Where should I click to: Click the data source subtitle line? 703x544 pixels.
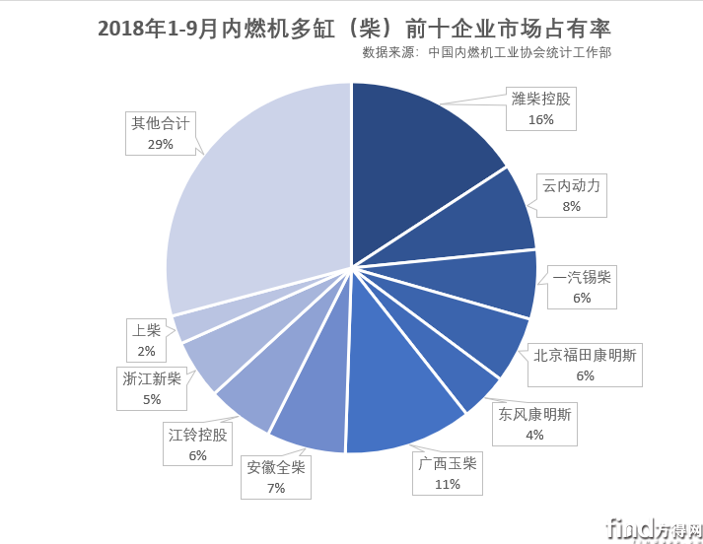(486, 52)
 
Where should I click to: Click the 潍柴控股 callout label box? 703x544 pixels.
(540, 108)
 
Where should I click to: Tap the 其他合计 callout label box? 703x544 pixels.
(161, 133)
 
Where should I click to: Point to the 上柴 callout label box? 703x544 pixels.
(146, 340)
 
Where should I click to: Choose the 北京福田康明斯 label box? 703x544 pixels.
(585, 365)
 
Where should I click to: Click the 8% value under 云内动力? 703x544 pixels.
(571, 207)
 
